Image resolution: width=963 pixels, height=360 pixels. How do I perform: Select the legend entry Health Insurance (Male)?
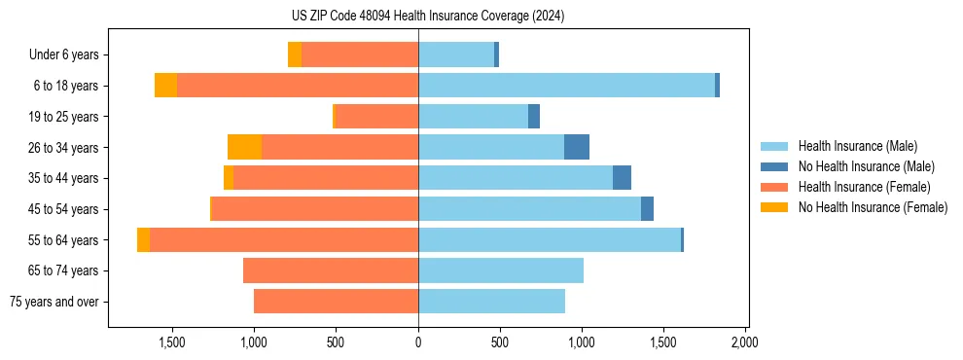click(x=857, y=146)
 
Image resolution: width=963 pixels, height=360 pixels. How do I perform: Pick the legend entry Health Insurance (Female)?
click(x=864, y=187)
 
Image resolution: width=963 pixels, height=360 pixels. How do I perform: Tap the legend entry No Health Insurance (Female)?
click(x=873, y=207)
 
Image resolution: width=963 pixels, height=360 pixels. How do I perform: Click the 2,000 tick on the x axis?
click(x=745, y=342)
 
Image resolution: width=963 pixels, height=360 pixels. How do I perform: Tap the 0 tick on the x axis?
click(x=418, y=342)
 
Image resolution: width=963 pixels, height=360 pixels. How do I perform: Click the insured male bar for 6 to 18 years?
click(x=566, y=86)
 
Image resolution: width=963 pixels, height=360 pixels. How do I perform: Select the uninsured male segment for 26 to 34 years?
click(x=577, y=147)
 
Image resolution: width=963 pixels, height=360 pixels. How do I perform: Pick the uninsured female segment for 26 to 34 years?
click(x=244, y=147)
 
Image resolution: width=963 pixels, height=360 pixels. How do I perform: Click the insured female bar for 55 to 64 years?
click(x=284, y=239)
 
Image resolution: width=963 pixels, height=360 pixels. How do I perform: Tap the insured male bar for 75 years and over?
click(x=491, y=302)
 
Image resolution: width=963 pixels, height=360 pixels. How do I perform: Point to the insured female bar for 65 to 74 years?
click(x=331, y=270)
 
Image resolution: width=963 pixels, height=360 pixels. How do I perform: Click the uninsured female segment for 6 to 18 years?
click(x=165, y=86)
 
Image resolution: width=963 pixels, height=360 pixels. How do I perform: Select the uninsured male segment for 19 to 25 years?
click(x=534, y=117)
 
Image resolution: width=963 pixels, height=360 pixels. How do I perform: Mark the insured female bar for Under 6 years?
click(x=360, y=54)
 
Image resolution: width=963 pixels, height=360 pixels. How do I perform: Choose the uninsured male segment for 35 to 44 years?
click(x=622, y=178)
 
